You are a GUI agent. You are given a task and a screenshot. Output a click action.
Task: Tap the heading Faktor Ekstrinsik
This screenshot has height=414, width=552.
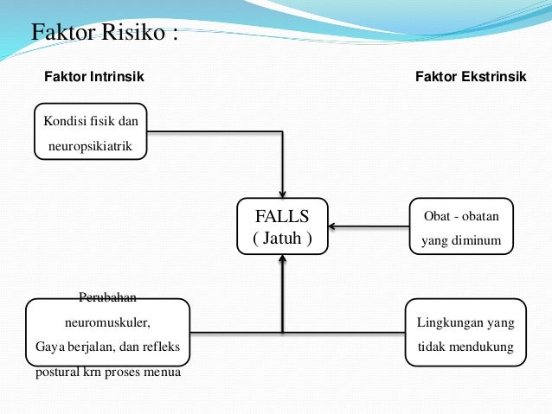(471, 78)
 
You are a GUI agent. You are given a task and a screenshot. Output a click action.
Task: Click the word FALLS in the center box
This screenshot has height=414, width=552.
(282, 214)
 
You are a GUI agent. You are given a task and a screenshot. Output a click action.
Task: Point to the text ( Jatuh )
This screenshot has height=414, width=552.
(282, 238)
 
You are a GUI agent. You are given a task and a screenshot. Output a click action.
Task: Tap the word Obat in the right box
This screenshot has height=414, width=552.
(437, 214)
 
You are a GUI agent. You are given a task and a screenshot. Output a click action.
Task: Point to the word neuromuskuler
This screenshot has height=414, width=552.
(108, 323)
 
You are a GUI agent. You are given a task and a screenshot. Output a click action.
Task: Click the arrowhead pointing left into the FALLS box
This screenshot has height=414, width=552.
(333, 227)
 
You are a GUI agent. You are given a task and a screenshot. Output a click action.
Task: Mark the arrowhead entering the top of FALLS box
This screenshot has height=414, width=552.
(282, 193)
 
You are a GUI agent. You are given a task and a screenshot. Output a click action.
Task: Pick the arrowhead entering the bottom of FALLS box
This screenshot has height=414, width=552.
(282, 259)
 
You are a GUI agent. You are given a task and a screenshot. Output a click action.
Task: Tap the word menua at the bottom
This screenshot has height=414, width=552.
(163, 373)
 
